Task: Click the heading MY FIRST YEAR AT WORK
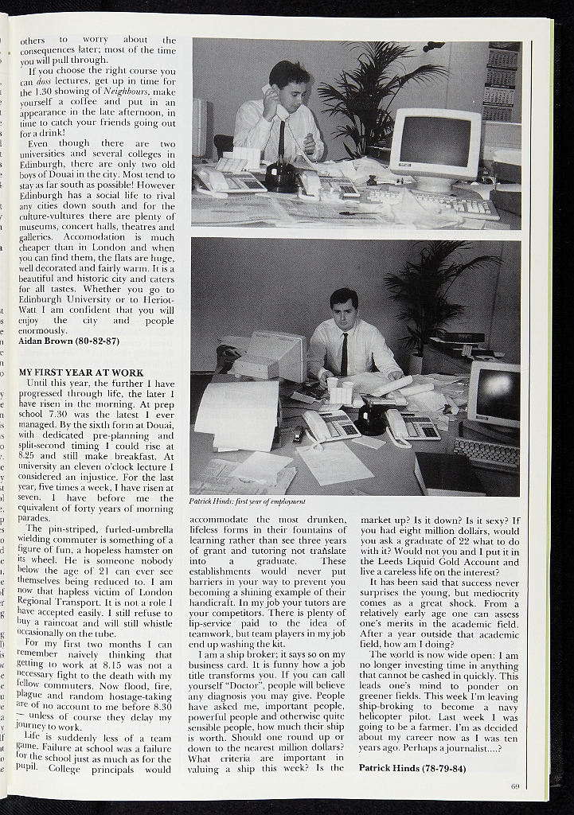point(80,372)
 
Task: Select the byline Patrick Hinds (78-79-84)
point(412,767)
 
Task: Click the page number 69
point(515,786)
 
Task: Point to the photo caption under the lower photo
point(248,501)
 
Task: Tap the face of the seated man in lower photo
point(344,313)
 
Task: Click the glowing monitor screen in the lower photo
point(496,394)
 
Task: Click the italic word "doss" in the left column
point(43,81)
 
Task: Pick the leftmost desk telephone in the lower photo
point(330,427)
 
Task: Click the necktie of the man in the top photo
point(282,138)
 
